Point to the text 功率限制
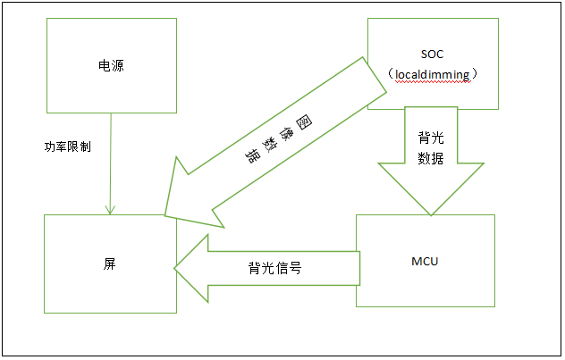click(x=68, y=147)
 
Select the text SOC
click(x=432, y=54)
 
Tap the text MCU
click(x=425, y=262)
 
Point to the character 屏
click(x=109, y=265)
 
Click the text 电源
click(x=111, y=66)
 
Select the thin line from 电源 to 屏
click(x=109, y=165)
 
